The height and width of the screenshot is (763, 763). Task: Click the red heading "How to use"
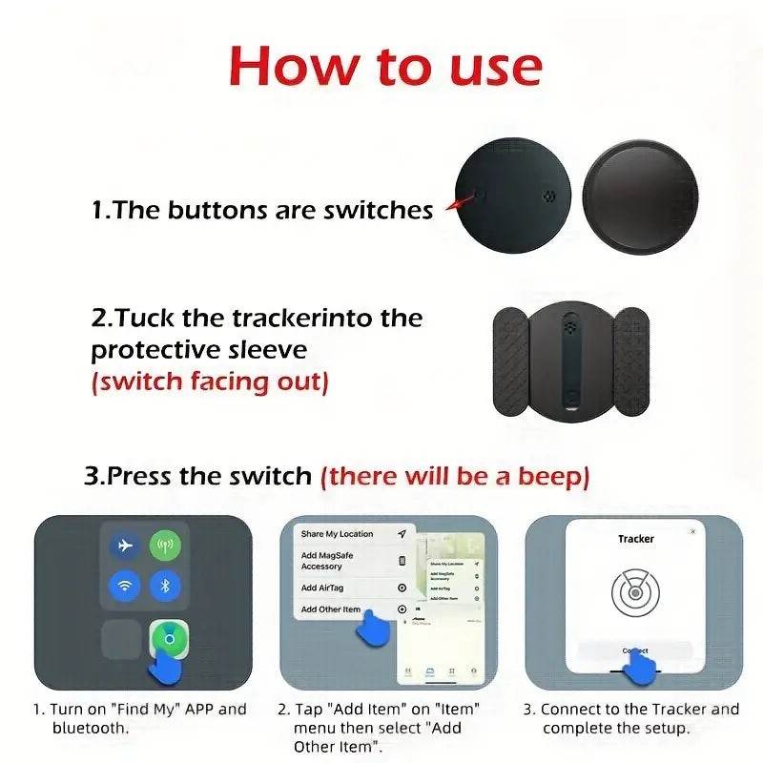point(385,67)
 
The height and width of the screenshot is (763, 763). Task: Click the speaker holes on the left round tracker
point(548,198)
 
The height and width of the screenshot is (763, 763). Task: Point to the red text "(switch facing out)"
point(210,382)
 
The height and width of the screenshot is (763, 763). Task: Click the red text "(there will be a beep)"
point(455,475)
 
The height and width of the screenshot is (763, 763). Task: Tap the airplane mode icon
point(124,546)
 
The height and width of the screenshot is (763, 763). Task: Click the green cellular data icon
point(165,546)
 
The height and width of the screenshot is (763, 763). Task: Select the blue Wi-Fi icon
point(124,586)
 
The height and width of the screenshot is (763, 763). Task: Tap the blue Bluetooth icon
point(165,586)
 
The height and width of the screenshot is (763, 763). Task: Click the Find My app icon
point(169,638)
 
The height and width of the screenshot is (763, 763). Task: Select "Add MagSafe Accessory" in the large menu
point(329,561)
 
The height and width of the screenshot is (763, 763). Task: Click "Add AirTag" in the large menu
point(324,588)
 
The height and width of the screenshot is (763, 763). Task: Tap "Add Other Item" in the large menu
point(331,609)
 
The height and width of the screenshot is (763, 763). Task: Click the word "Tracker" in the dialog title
point(636,539)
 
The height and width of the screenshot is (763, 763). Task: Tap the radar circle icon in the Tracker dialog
point(634,594)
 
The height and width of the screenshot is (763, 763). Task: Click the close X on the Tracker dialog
point(692,531)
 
